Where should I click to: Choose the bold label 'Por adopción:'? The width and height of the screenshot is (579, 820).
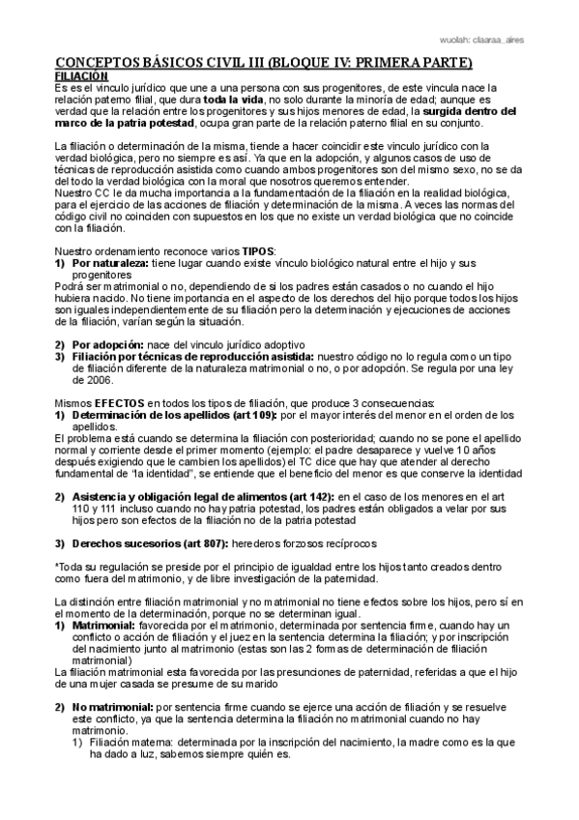coord(107,344)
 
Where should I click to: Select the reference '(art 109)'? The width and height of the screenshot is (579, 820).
coord(250,415)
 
